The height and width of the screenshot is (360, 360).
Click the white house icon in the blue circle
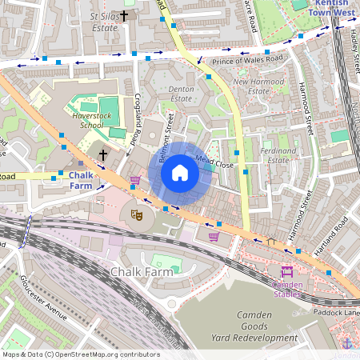(x=180, y=173)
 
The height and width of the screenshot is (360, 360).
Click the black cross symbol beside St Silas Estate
(x=124, y=15)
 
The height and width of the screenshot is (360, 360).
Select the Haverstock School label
(x=80, y=119)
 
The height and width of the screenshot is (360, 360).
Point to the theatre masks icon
(x=137, y=214)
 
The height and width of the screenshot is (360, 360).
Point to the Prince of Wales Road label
(x=246, y=61)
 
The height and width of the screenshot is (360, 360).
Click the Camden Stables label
(x=287, y=288)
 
